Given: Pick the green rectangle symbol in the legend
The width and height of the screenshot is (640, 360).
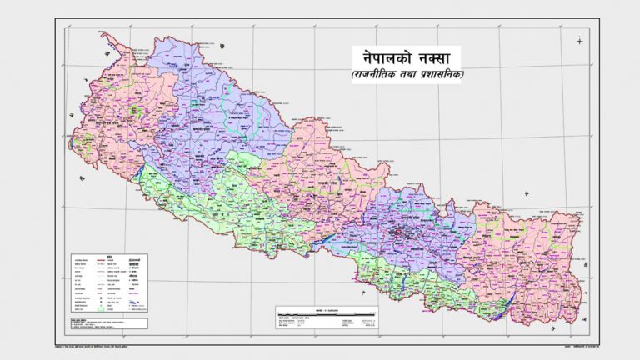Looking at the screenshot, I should click(107, 309).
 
